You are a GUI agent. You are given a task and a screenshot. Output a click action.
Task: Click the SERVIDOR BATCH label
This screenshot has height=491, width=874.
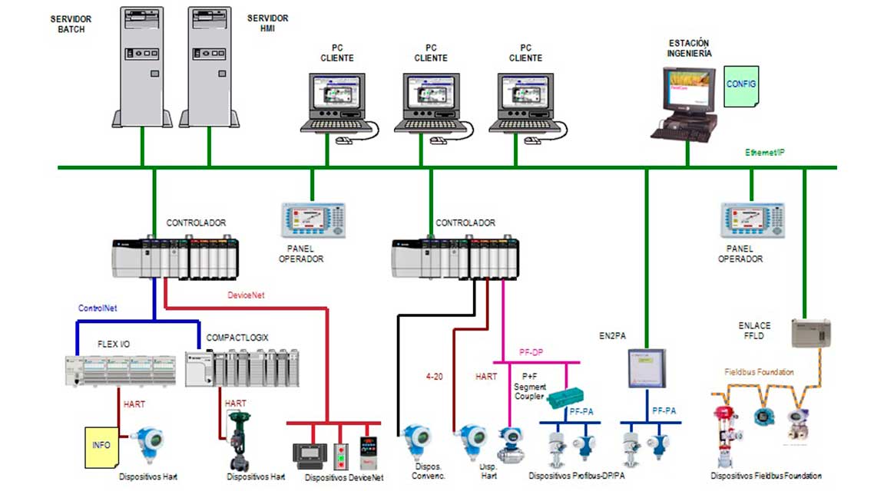point(68,23)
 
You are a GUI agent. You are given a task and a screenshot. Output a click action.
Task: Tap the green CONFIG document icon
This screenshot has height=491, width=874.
point(741,84)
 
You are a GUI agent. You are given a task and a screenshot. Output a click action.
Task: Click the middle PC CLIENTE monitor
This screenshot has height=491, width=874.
point(431,104)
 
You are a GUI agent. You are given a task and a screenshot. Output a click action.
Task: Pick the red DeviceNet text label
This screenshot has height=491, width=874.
point(247,295)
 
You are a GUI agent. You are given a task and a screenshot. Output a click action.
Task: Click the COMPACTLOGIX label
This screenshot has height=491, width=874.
point(237,337)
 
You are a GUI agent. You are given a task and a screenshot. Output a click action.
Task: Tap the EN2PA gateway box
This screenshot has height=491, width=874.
point(646,368)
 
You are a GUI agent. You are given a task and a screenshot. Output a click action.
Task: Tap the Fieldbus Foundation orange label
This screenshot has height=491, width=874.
point(760,372)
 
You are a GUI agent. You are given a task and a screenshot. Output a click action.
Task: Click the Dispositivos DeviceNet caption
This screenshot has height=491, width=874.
point(343,477)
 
